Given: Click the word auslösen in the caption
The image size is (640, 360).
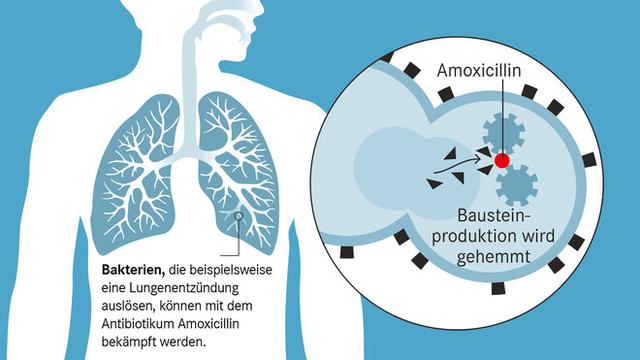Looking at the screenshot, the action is [128, 306].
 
